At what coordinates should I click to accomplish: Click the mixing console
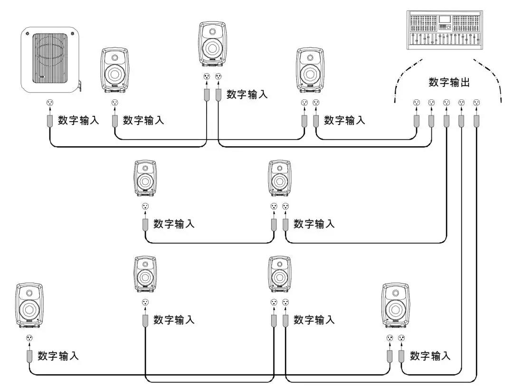coord(445,30)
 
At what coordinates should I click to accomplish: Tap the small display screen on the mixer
coord(444,19)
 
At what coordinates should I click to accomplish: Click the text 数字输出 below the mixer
coord(449,82)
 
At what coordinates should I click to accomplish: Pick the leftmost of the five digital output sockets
coord(416,103)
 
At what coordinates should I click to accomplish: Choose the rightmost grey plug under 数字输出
coord(476,121)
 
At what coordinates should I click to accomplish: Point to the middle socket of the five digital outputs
coord(446,103)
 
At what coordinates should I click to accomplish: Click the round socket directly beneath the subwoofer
coord(50,103)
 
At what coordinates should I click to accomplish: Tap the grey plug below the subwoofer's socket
coord(50,121)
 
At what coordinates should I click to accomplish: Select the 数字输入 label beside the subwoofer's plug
coord(78,120)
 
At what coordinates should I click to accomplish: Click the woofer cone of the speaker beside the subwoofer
coord(114,74)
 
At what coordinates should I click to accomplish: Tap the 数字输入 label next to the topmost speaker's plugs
coord(247,94)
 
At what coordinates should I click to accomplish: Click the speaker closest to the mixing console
coord(310,70)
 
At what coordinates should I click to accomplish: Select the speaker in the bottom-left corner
coord(29,306)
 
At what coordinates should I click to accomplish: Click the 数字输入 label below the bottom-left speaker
coord(58,356)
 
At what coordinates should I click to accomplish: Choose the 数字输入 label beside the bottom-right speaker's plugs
coord(430,356)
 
